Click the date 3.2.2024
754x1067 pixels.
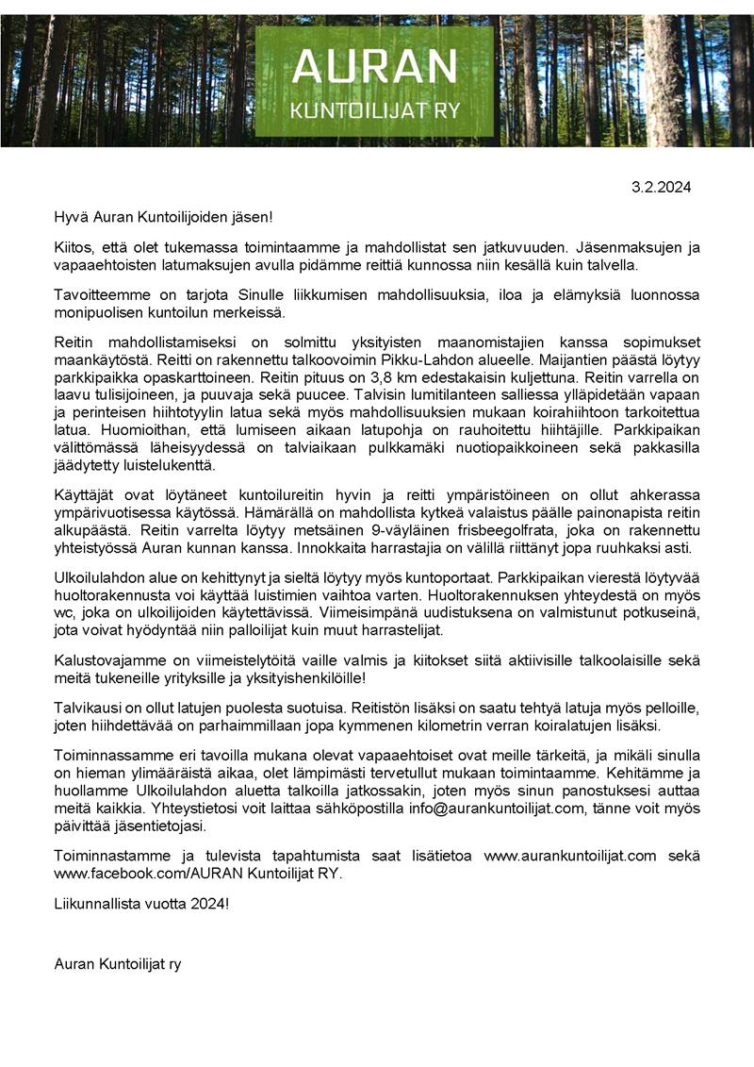tap(661, 187)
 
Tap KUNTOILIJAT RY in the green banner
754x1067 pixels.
tap(374, 110)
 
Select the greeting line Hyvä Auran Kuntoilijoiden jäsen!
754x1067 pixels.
tap(163, 218)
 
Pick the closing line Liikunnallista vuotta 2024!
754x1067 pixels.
tap(141, 904)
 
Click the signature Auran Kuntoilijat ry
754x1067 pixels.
tap(118, 963)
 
